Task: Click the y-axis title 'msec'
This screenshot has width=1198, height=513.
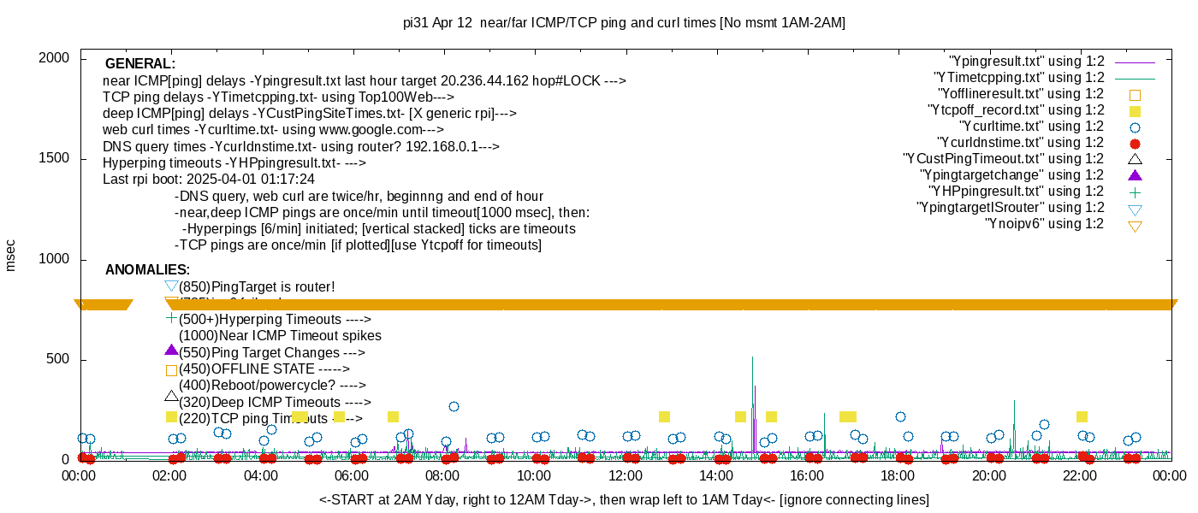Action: (x=10, y=255)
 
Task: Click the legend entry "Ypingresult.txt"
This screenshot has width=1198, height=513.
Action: (x=1027, y=62)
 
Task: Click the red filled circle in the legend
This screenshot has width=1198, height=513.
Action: (x=1136, y=144)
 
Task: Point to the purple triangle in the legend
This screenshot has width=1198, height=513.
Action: (x=1136, y=175)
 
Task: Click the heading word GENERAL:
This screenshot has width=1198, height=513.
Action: (x=140, y=64)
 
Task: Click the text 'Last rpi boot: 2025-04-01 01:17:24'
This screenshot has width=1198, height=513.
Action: (x=209, y=180)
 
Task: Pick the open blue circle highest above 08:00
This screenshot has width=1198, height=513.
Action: (x=454, y=406)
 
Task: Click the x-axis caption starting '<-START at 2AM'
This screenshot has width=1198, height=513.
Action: (x=624, y=499)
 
